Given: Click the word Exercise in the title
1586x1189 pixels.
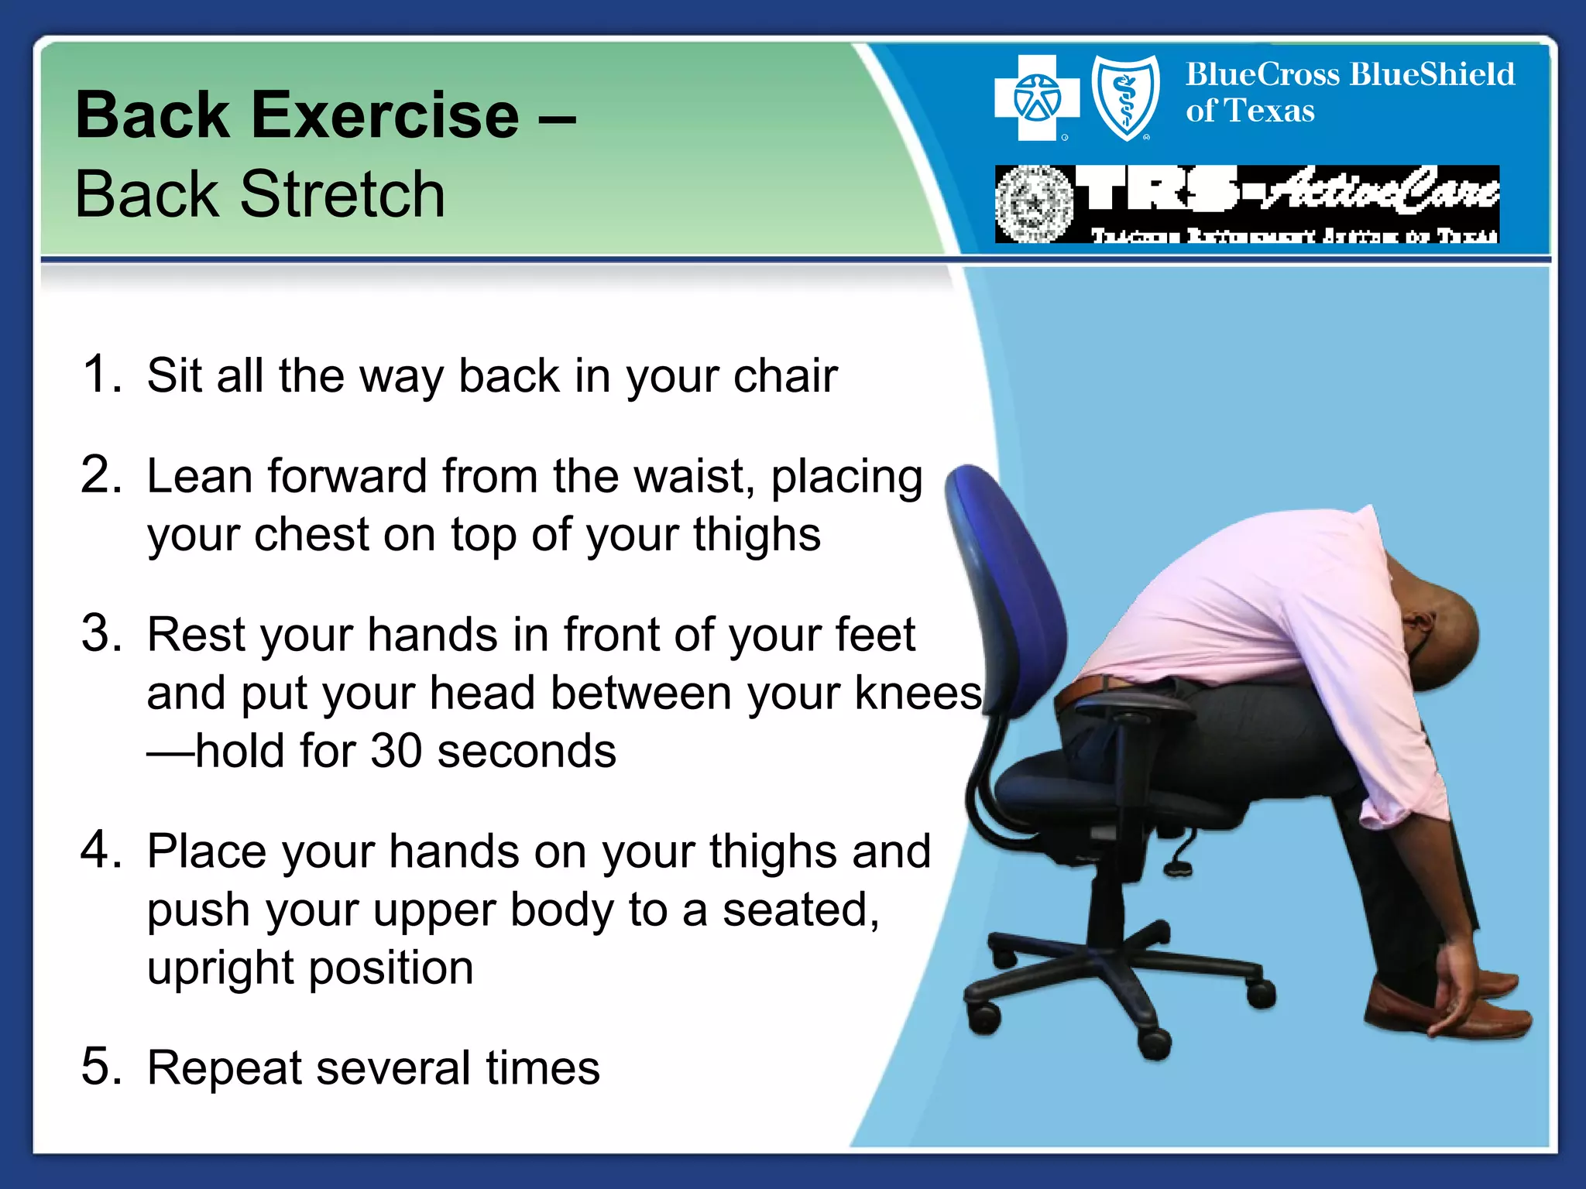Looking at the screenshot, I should pyautogui.click(x=385, y=116).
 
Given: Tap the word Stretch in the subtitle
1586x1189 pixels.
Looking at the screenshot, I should pyautogui.click(x=342, y=195).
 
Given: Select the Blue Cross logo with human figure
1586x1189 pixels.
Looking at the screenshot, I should pyautogui.click(x=1036, y=98).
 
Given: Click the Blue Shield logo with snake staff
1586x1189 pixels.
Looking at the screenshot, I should pyautogui.click(x=1125, y=98).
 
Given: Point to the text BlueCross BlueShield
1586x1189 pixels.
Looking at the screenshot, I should pyautogui.click(x=1350, y=75).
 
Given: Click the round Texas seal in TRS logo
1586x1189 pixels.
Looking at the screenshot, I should pyautogui.click(x=1034, y=204).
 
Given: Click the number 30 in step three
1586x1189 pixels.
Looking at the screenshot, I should pyautogui.click(x=396, y=751).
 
